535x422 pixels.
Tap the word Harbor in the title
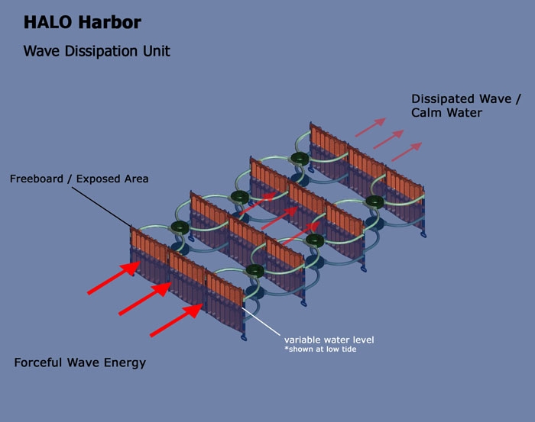(110, 22)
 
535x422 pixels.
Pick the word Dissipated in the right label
(444, 98)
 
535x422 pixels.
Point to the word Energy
(126, 363)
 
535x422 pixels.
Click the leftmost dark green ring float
(180, 227)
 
